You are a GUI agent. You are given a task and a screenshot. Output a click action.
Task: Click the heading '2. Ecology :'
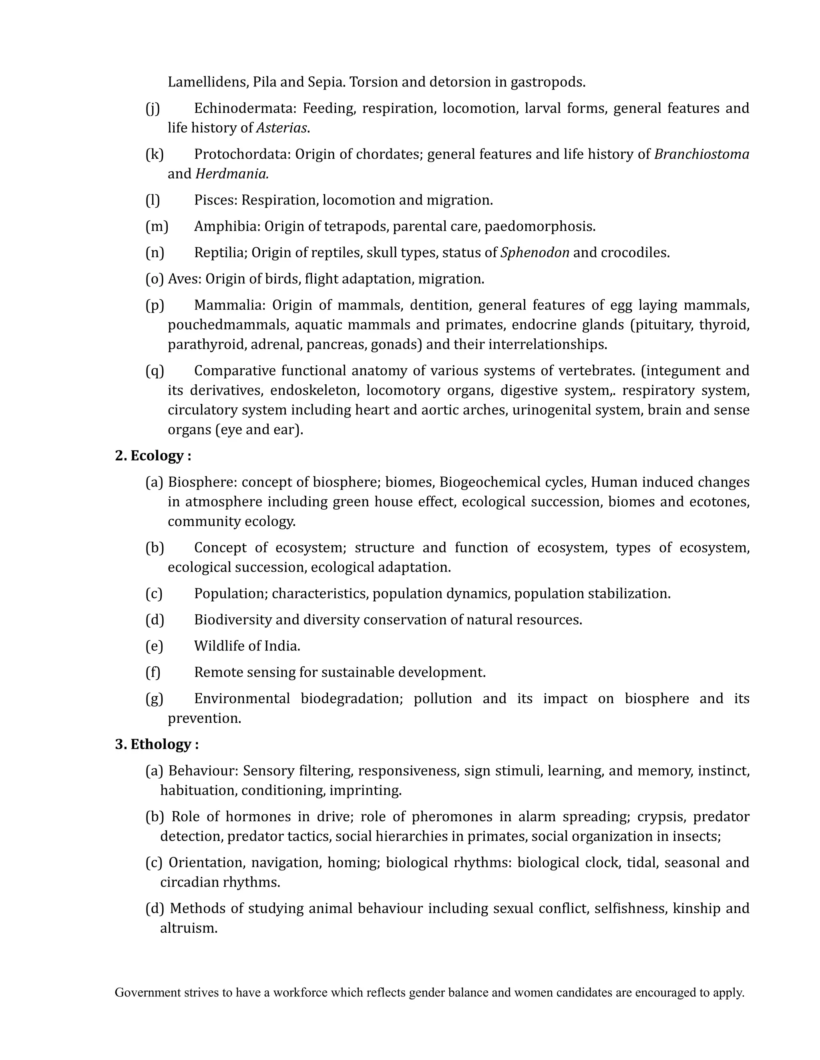pos(153,456)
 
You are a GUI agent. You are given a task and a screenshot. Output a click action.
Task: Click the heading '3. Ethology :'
pos(157,744)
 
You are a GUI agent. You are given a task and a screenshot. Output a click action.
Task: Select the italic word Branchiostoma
pos(701,154)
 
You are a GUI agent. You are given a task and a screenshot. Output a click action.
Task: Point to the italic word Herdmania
pos(232,174)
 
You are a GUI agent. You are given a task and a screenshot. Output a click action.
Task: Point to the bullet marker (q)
pos(155,371)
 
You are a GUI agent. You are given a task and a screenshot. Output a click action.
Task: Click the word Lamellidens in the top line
pos(208,82)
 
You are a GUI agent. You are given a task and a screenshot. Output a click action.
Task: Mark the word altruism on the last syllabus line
pos(188,928)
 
